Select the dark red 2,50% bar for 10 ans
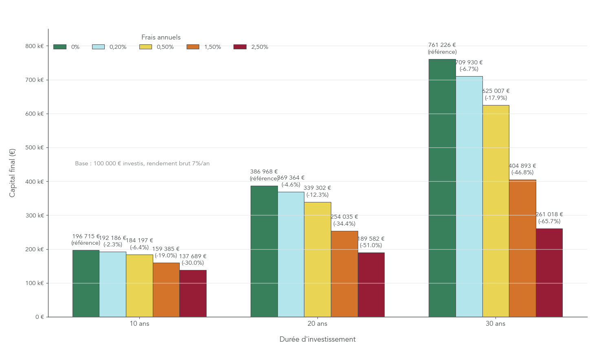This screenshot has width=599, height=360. [x=193, y=294]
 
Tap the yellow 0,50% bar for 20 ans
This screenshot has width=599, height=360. [x=317, y=259]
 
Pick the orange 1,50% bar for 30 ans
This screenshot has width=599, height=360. [x=522, y=248]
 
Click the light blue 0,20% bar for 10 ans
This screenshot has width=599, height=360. [x=112, y=284]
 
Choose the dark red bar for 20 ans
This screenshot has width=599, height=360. [x=371, y=285]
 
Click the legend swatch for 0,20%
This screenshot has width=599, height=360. [x=98, y=47]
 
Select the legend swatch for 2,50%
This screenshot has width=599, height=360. [x=240, y=47]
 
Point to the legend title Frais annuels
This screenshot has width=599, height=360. [x=161, y=37]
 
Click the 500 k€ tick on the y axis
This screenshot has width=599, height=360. [x=35, y=148]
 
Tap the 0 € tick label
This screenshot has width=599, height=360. [x=40, y=317]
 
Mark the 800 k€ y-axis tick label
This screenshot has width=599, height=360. [x=35, y=46]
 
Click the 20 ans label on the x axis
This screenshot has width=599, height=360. [x=317, y=324]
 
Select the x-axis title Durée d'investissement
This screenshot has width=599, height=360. [x=317, y=339]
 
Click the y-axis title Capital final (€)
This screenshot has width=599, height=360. [x=12, y=173]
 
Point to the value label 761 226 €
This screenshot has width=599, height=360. [x=442, y=45]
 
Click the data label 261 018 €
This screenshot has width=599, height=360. [x=549, y=214]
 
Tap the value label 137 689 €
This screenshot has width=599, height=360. [x=193, y=256]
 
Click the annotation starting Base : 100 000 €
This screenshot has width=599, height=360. [x=142, y=163]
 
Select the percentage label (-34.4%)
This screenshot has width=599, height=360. [x=344, y=224]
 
